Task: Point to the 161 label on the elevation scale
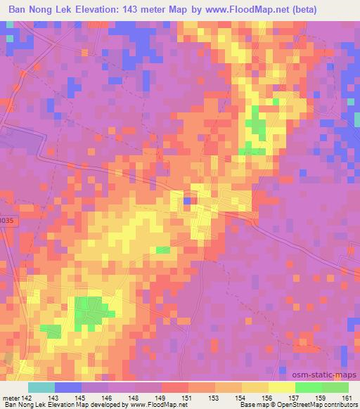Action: [347, 398]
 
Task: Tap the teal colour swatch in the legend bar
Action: [41, 387]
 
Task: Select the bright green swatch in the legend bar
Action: [321, 387]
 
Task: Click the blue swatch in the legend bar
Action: [68, 387]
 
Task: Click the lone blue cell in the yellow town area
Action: [187, 201]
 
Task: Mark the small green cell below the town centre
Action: [162, 250]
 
